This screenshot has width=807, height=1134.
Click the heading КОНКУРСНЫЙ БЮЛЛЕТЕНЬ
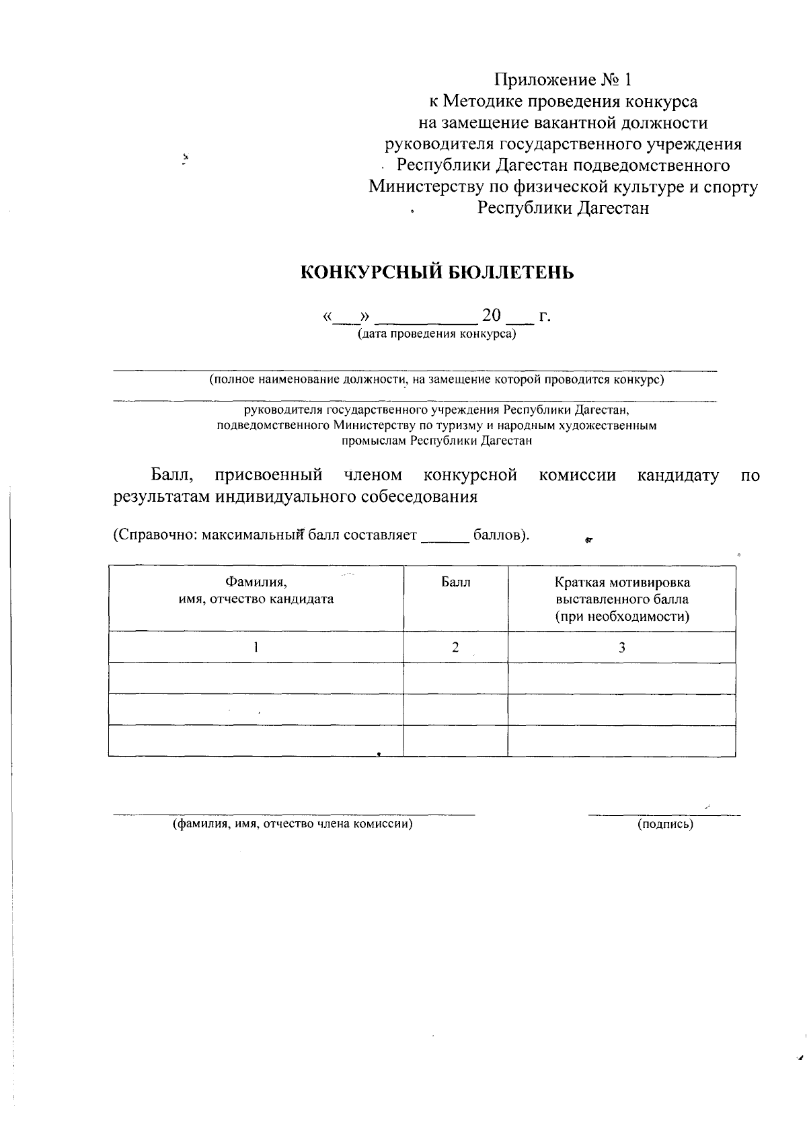pyautogui.click(x=436, y=272)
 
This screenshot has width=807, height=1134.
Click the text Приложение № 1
pyautogui.click(x=564, y=80)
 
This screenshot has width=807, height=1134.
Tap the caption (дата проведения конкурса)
pyautogui.click(x=436, y=334)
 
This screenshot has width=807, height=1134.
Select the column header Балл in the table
pyautogui.click(x=455, y=582)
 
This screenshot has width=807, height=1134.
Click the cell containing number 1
pyautogui.click(x=256, y=647)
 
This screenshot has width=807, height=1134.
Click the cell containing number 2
pyautogui.click(x=455, y=647)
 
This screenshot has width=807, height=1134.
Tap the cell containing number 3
pyautogui.click(x=621, y=647)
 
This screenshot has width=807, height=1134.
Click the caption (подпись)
pyautogui.click(x=664, y=824)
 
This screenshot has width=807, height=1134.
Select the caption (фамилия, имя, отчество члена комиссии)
pyautogui.click(x=293, y=824)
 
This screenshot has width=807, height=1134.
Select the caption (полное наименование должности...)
pyautogui.click(x=436, y=380)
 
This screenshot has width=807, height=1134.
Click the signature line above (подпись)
pyautogui.click(x=664, y=815)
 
